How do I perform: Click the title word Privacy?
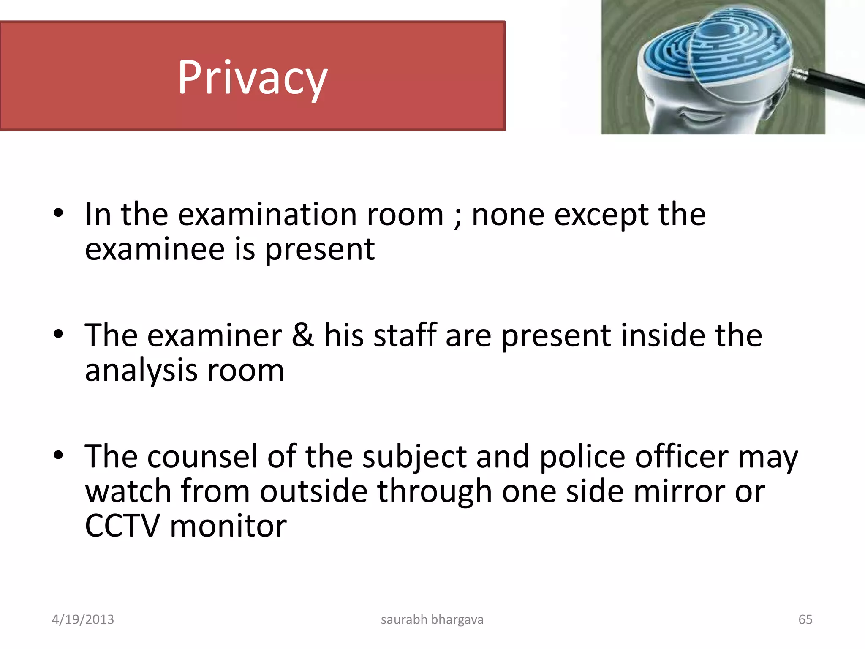pyautogui.click(x=253, y=78)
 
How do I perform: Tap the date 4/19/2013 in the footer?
pyautogui.click(x=83, y=619)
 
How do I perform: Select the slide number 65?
pyautogui.click(x=805, y=619)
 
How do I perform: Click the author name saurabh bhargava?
pyautogui.click(x=432, y=619)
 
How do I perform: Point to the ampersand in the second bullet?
pyautogui.click(x=303, y=335)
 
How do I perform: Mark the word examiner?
pyautogui.click(x=215, y=335)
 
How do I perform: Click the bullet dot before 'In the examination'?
pyautogui.click(x=58, y=213)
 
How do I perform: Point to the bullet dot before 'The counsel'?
pyautogui.click(x=58, y=455)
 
